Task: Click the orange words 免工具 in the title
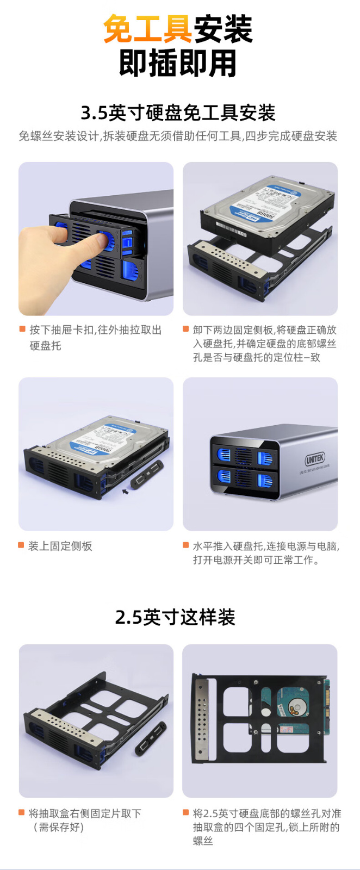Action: point(148,29)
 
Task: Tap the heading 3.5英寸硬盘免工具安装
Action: point(178,113)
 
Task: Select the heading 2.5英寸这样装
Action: point(175,617)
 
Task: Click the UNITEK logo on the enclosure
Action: point(315,459)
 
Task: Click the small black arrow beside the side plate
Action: point(125,492)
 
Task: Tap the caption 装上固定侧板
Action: point(60,546)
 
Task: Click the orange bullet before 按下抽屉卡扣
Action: point(22,330)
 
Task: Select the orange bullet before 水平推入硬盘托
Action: point(186,545)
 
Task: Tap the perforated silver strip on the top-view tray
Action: point(202,719)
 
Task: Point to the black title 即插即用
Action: point(178,63)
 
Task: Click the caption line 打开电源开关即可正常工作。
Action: point(256,560)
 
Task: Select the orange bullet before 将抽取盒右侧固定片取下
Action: point(22,812)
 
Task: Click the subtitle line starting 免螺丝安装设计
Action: point(178,136)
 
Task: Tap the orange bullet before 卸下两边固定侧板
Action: point(186,330)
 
